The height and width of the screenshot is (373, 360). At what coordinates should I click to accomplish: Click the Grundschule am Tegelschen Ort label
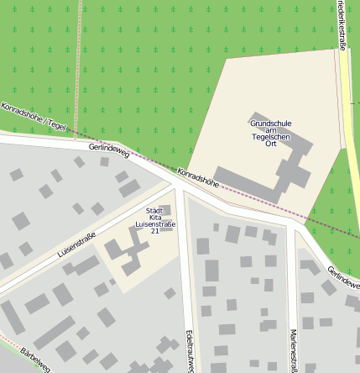[x=271, y=133]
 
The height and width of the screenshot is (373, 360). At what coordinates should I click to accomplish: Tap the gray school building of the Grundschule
[x=294, y=168]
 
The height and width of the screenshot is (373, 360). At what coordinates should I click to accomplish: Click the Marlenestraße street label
[x=294, y=349]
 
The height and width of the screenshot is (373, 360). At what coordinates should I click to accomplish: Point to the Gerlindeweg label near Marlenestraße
[x=344, y=278]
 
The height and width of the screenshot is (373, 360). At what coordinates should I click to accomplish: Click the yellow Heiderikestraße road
[x=350, y=126]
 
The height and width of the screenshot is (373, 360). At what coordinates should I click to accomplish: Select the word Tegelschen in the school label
[x=271, y=137]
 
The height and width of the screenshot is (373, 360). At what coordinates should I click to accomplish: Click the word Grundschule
[x=271, y=123]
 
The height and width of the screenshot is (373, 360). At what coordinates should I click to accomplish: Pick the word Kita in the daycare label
[x=155, y=218]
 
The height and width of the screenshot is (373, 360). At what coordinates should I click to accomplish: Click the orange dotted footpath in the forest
[x=78, y=67]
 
